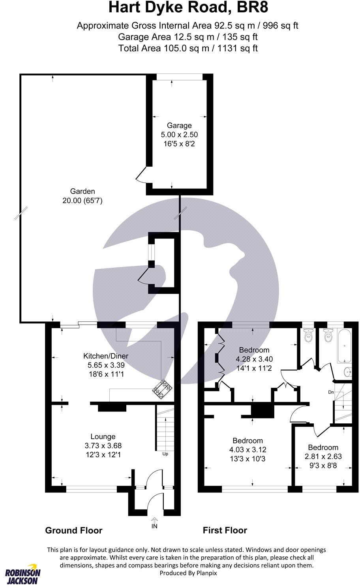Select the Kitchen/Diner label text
[106, 356]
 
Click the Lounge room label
[103, 436]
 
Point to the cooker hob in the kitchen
[163, 389]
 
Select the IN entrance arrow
[154, 521]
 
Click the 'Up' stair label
[165, 454]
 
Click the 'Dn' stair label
[331, 392]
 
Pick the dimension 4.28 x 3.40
[254, 359]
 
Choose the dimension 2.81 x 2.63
[323, 456]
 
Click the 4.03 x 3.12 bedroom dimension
[247, 450]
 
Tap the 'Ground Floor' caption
[74, 530]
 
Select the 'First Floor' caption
[225, 530]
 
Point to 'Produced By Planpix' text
[188, 573]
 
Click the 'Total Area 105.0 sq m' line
[188, 48]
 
